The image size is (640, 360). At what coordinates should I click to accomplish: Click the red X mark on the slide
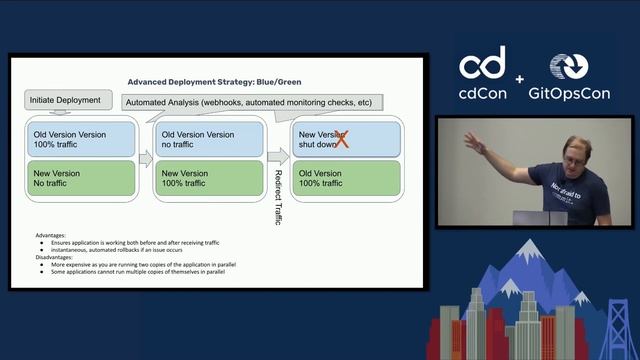click(x=341, y=139)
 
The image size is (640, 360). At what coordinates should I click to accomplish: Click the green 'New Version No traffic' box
click(x=80, y=179)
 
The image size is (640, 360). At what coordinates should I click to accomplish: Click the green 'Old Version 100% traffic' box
click(x=345, y=179)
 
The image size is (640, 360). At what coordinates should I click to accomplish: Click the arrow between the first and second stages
click(x=144, y=158)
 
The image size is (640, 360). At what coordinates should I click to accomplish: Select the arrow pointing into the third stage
click(x=277, y=157)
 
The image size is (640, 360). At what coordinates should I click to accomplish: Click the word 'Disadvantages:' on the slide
click(x=58, y=258)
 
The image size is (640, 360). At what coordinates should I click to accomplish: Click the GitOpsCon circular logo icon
click(x=570, y=66)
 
